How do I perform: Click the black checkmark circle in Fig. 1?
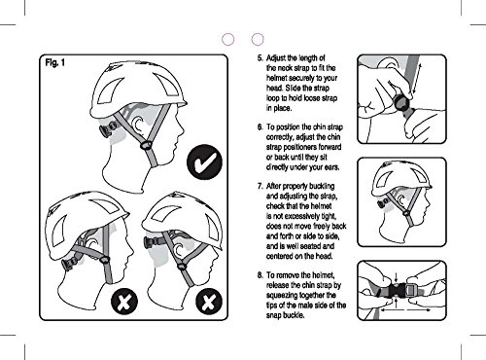pos(204,162)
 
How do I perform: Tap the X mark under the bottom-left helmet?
pos(124,302)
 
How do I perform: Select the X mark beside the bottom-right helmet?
pos(209,302)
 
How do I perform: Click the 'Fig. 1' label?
pos(55,62)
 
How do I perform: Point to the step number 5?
pos(260,58)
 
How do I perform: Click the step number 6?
pos(260,126)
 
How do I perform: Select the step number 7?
pos(260,186)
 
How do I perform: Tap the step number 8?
pos(260,275)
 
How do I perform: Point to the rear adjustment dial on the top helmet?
pos(108,129)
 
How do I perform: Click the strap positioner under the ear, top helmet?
pos(146,145)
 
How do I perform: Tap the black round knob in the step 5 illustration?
pos(402,104)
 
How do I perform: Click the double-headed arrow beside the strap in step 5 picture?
pos(417,79)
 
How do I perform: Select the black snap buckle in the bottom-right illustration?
pos(397,290)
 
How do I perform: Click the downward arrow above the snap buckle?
pos(396,277)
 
